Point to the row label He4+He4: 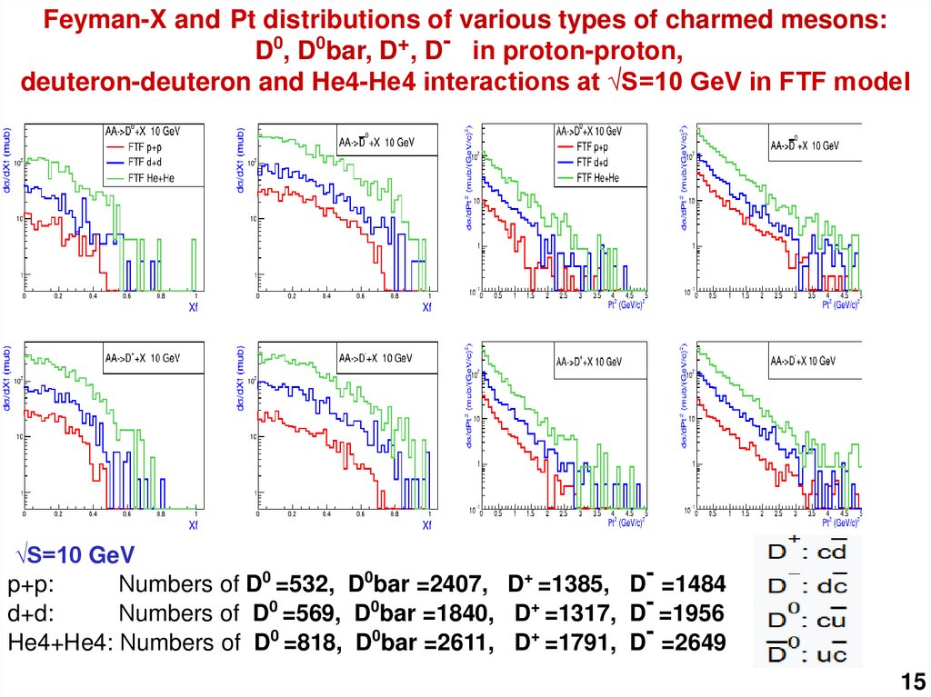pyautogui.click(x=61, y=642)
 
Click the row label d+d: pyautogui.click(x=32, y=612)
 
